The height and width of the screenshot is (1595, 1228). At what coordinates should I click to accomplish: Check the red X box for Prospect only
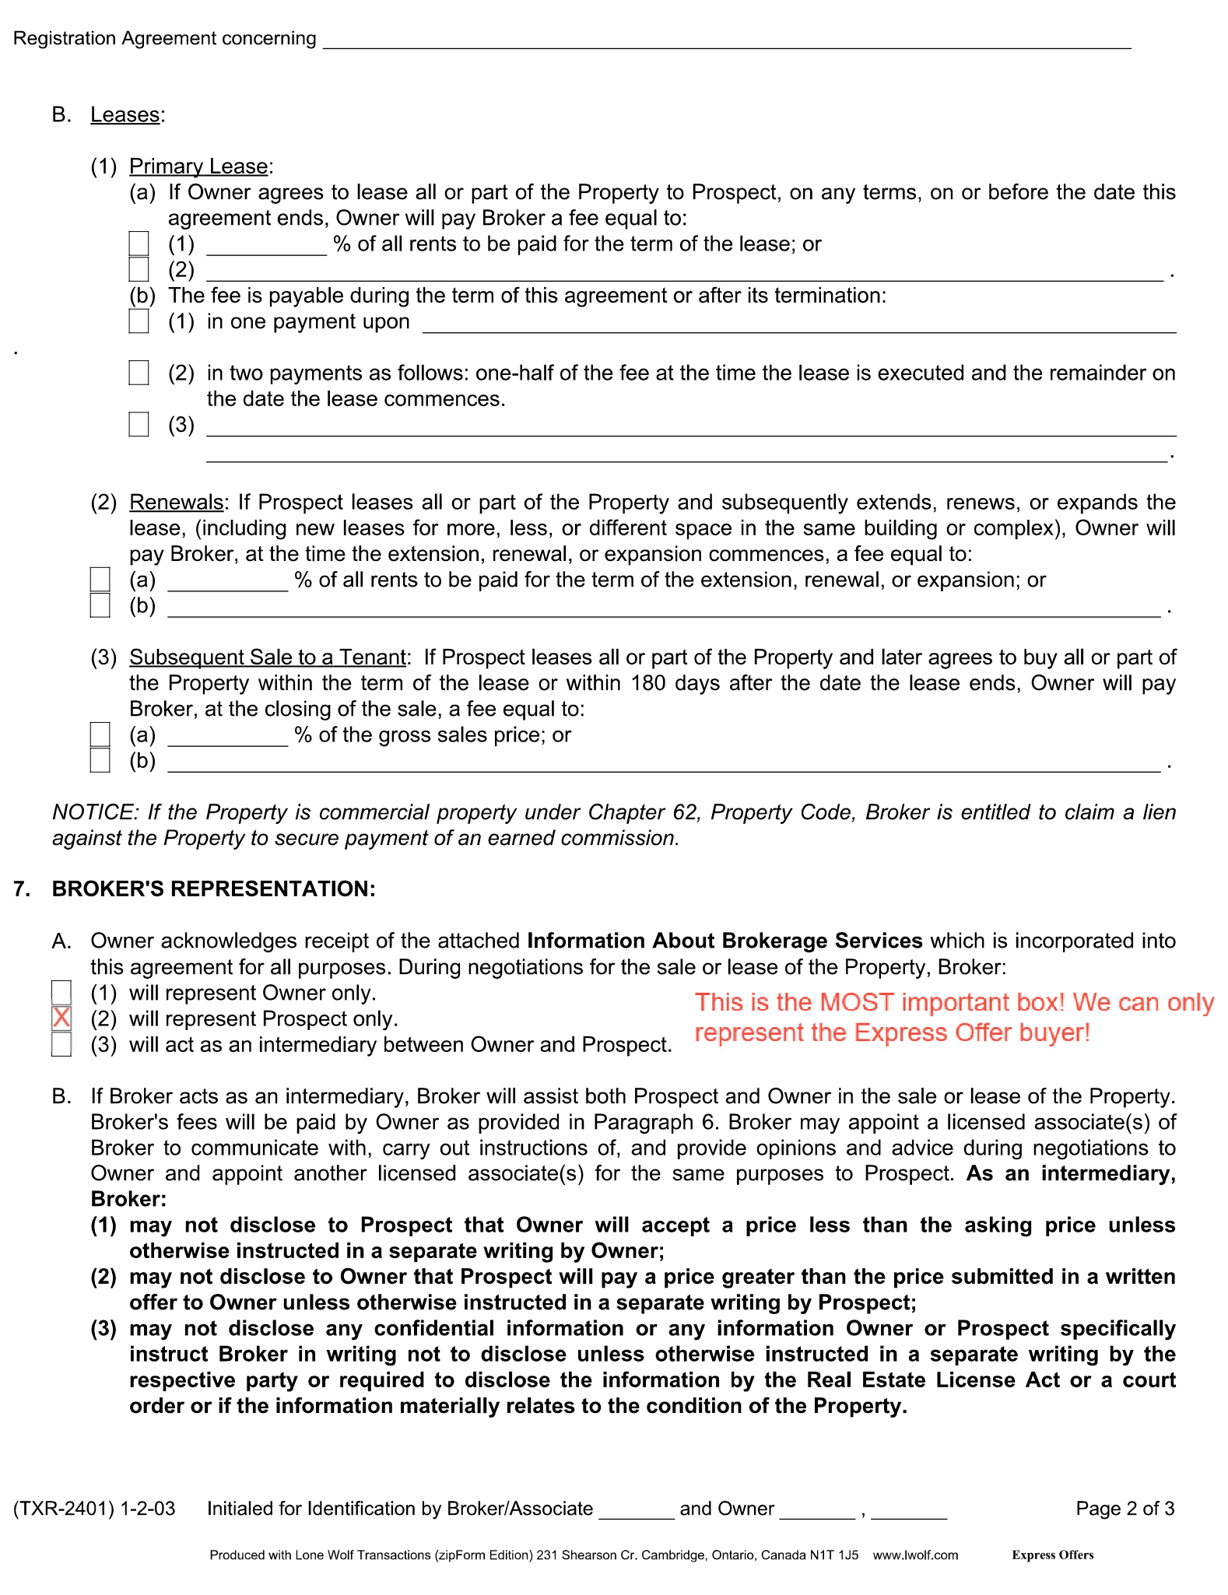tap(61, 1018)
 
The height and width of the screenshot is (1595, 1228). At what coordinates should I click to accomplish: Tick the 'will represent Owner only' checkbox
tap(61, 992)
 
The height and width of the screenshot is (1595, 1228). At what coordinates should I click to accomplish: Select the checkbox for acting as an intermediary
tap(61, 1044)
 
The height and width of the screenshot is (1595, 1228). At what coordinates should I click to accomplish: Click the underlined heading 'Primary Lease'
tap(198, 167)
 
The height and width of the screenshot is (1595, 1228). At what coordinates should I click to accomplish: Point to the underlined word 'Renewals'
tap(176, 503)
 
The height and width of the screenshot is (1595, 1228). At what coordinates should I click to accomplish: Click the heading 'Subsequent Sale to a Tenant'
tap(268, 657)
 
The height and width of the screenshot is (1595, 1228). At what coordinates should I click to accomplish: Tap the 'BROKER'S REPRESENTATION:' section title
tap(214, 889)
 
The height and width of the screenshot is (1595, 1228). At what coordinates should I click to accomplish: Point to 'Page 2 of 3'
tap(1124, 1509)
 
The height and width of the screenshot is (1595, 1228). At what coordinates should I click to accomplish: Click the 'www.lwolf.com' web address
tap(915, 1555)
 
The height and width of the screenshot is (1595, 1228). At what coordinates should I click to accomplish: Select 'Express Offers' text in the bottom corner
tap(1052, 1555)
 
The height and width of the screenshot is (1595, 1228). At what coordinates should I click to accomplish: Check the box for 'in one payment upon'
tap(139, 321)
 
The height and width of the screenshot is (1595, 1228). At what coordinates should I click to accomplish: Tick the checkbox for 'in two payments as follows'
tap(139, 373)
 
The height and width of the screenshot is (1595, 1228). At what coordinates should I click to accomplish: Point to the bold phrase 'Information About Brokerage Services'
tap(725, 941)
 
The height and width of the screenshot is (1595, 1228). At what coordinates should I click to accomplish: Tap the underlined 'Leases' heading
tap(125, 115)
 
